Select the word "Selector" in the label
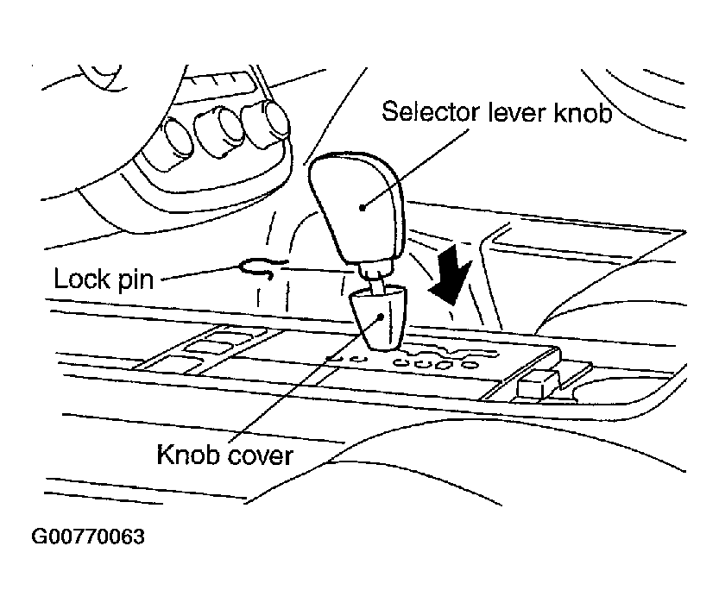[x=431, y=111]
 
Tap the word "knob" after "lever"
[x=583, y=111]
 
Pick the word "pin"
[x=136, y=280]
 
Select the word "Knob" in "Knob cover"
[x=186, y=455]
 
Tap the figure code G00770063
[x=88, y=537]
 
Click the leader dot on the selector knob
[x=363, y=208]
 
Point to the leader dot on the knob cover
[x=381, y=317]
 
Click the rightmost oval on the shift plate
[x=469, y=365]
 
